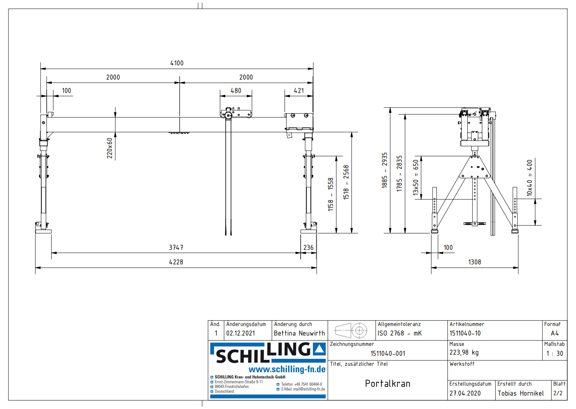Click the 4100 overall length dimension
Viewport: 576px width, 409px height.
[x=177, y=63]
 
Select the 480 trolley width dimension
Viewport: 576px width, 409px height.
[x=236, y=91]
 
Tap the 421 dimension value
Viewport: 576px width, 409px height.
[x=299, y=91]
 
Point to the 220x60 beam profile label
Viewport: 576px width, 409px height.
[x=110, y=148]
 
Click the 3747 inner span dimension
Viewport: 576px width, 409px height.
[x=176, y=248]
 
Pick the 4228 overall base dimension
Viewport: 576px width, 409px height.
[x=176, y=262]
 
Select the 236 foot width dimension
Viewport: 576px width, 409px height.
[x=308, y=248]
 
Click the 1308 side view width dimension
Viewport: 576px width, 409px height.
[x=474, y=262]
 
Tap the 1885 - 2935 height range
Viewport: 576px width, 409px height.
[x=384, y=170]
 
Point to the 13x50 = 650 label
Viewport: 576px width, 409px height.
[x=416, y=178]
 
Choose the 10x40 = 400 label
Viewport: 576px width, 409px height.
[x=529, y=178]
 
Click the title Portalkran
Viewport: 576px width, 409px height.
[x=387, y=383]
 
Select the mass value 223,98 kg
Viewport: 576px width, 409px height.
[x=464, y=352]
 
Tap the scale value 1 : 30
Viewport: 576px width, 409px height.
[x=554, y=354]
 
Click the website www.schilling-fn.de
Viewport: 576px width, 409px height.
[x=287, y=369]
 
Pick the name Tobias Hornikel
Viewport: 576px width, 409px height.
[x=521, y=393]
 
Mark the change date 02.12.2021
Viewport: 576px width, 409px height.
[x=240, y=333]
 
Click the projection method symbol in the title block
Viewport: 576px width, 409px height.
[x=351, y=330]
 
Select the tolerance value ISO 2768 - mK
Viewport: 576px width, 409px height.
[x=399, y=333]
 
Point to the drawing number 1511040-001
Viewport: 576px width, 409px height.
[x=387, y=354]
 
